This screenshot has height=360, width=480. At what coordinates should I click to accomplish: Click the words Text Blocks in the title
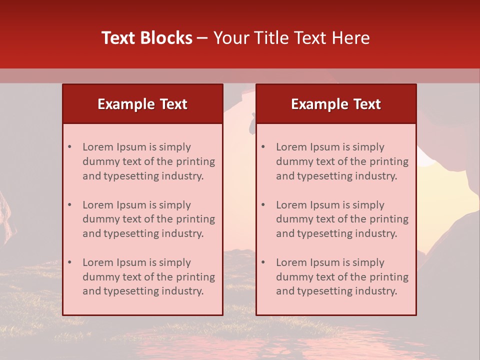(147, 38)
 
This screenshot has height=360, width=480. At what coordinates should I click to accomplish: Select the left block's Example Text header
(142, 104)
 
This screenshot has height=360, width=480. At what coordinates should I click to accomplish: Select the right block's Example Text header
(336, 104)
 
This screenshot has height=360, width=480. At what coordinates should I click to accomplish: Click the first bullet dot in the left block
(69, 147)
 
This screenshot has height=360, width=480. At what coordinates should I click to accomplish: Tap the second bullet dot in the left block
(69, 205)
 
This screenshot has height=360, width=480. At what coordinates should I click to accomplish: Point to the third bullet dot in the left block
(69, 262)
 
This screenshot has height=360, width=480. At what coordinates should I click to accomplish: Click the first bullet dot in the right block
(263, 147)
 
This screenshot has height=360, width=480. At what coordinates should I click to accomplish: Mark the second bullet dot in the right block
(263, 205)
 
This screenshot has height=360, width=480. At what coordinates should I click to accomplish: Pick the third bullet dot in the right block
(263, 262)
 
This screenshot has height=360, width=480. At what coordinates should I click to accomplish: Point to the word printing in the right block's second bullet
(389, 219)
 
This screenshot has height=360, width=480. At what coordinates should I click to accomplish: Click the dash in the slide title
(202, 38)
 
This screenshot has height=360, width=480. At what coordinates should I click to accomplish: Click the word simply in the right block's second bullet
(368, 205)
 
